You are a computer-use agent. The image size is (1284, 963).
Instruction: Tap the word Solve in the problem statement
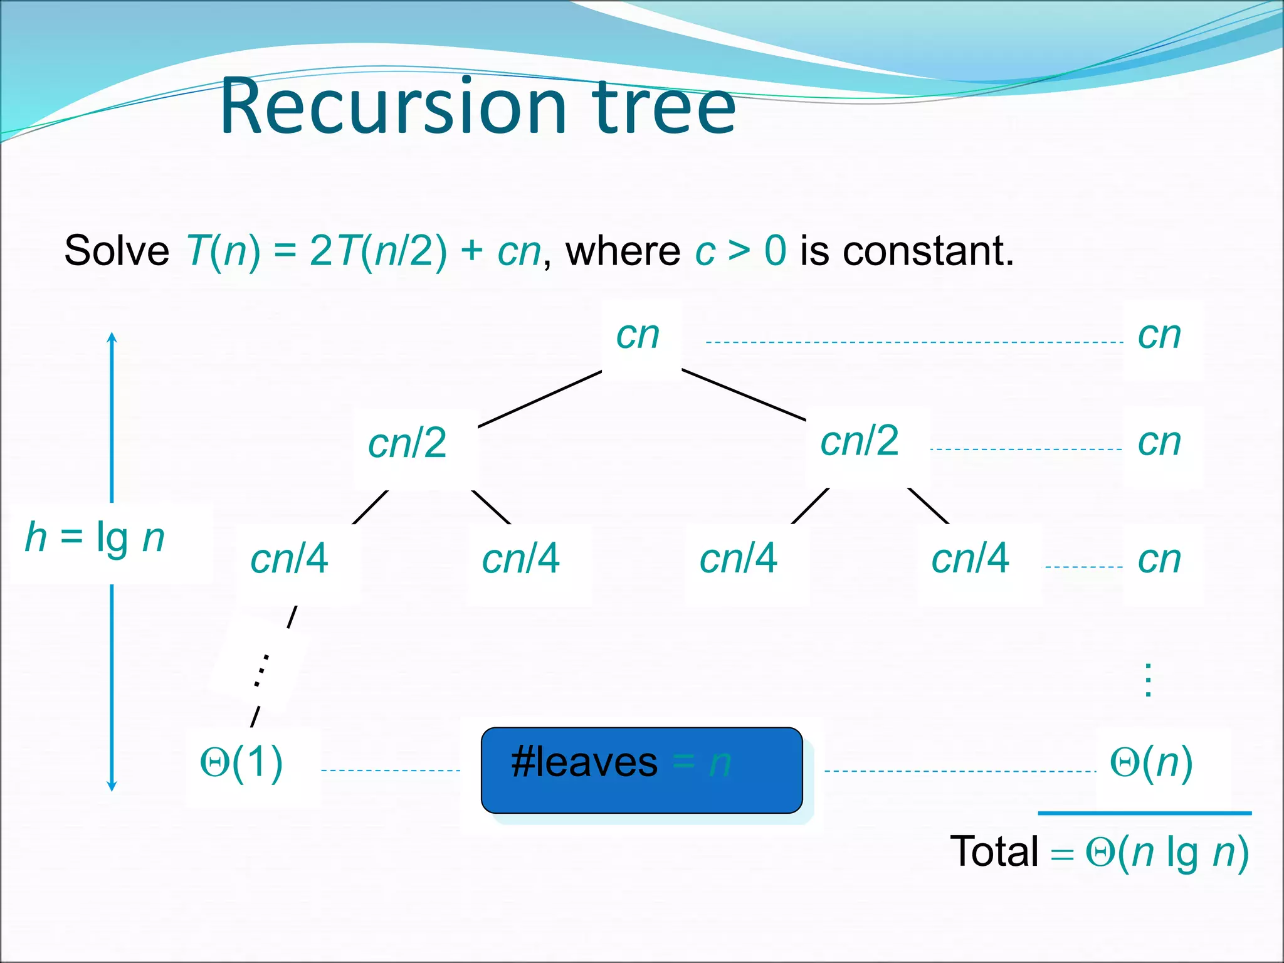(117, 251)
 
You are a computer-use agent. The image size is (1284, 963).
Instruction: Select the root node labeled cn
(638, 335)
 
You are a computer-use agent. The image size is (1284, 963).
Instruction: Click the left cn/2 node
(408, 443)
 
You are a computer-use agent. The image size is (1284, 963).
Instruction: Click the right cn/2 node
(860, 441)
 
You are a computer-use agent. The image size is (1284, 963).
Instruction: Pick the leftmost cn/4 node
(289, 558)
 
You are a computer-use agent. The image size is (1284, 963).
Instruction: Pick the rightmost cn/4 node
(970, 558)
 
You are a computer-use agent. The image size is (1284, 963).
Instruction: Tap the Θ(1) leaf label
(241, 763)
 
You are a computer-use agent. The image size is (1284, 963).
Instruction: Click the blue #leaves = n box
(641, 770)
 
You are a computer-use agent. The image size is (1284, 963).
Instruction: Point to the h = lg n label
(95, 538)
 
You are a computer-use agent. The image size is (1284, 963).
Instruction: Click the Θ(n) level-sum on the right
(1151, 763)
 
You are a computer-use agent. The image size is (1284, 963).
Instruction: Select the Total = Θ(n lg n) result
(1100, 852)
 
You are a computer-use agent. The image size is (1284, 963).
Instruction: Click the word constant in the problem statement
(928, 251)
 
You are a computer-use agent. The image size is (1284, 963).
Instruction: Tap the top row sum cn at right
(1159, 335)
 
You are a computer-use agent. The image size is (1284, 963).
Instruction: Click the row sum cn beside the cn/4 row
(1159, 559)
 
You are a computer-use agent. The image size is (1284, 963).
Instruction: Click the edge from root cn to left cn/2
(540, 399)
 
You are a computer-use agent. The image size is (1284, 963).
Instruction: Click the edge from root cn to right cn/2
(744, 395)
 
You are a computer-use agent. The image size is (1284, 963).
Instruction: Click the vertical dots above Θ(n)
(1148, 680)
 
